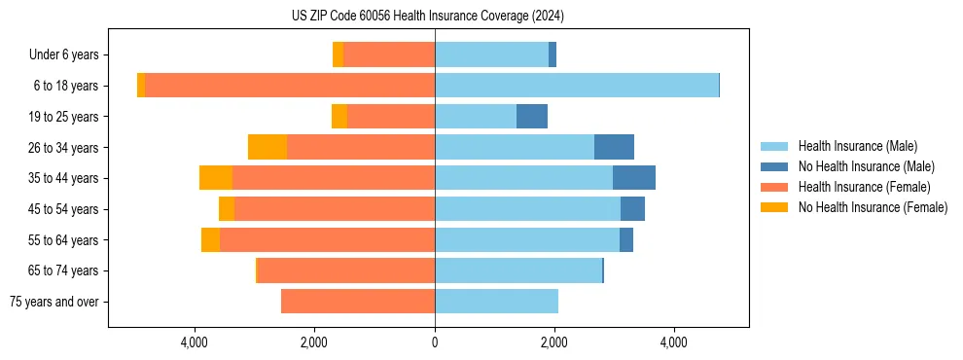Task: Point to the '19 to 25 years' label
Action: click(64, 117)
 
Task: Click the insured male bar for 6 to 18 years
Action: click(577, 86)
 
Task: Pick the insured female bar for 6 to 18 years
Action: click(290, 86)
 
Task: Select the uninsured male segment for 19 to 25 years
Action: click(532, 117)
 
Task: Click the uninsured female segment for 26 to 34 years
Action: click(267, 147)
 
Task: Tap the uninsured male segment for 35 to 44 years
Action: click(634, 178)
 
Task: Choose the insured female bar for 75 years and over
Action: click(358, 302)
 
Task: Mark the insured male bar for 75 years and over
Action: click(496, 302)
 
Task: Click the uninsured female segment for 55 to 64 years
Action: click(210, 239)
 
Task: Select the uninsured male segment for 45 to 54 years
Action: click(632, 209)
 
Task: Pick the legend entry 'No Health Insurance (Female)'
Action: click(873, 207)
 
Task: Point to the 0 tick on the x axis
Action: click(435, 342)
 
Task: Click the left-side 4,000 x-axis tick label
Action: click(195, 342)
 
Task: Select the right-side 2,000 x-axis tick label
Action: click(554, 342)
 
